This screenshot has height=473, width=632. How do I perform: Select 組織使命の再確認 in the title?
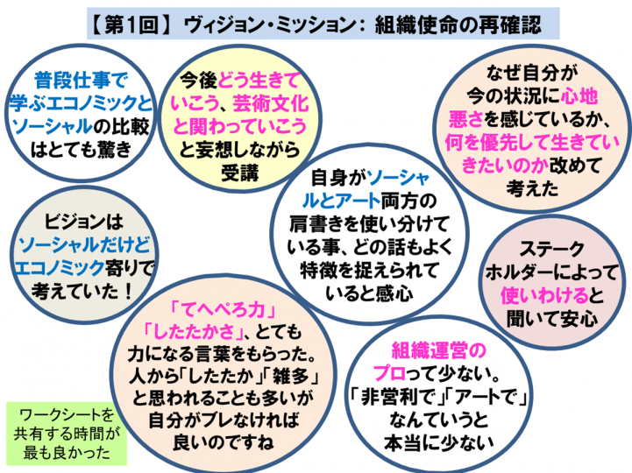pos(458,25)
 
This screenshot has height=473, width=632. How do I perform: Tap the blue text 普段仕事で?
pos(81,80)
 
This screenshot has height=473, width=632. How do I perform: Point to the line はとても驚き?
pos(81,150)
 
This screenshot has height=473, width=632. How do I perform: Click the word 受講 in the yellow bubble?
pos(240,173)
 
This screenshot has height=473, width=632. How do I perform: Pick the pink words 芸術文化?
pos(271,103)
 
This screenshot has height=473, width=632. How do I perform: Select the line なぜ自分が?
pos(532,73)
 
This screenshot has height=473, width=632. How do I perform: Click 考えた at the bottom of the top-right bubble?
pos(532,188)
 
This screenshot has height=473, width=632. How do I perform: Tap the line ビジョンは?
pos(83,222)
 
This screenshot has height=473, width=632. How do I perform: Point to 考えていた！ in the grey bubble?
pos(82,291)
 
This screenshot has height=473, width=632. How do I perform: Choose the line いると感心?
pos(369,293)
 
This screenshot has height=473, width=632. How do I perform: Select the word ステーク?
pos(551,249)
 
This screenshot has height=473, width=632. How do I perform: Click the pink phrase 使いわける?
pos(544,295)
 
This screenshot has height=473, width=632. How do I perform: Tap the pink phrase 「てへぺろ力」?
pos(223,309)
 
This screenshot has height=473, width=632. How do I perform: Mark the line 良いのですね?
pos(223,442)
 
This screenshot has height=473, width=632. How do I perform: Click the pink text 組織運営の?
pos(439,350)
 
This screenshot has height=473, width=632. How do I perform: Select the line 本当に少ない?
pos(439,443)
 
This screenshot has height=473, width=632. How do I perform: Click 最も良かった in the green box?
pos(67,452)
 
